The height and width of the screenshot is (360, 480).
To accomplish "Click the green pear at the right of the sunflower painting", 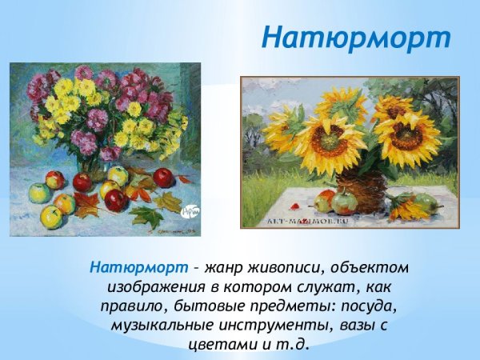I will pos(430,206).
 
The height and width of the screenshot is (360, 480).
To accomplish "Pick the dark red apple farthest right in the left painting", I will pos(163,178).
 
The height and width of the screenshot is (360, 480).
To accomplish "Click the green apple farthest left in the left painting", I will pos(38,193).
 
